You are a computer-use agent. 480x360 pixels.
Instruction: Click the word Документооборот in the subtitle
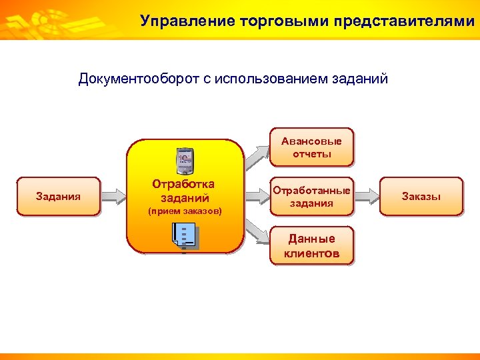coord(138,79)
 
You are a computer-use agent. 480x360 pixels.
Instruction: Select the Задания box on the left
coord(59,196)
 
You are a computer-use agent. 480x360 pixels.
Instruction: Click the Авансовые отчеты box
coord(311,147)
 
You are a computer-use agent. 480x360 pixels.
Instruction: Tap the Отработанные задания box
coord(311,196)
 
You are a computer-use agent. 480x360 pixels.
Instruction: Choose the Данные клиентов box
coord(311,245)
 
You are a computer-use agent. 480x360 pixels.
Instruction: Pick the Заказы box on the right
coord(421,196)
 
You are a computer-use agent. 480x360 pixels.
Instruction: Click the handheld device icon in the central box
coord(184,159)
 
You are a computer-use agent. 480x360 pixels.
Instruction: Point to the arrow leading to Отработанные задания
coord(256,195)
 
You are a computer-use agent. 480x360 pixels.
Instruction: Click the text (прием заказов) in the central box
coord(184,211)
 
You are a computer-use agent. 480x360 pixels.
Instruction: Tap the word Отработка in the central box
coord(183,184)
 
